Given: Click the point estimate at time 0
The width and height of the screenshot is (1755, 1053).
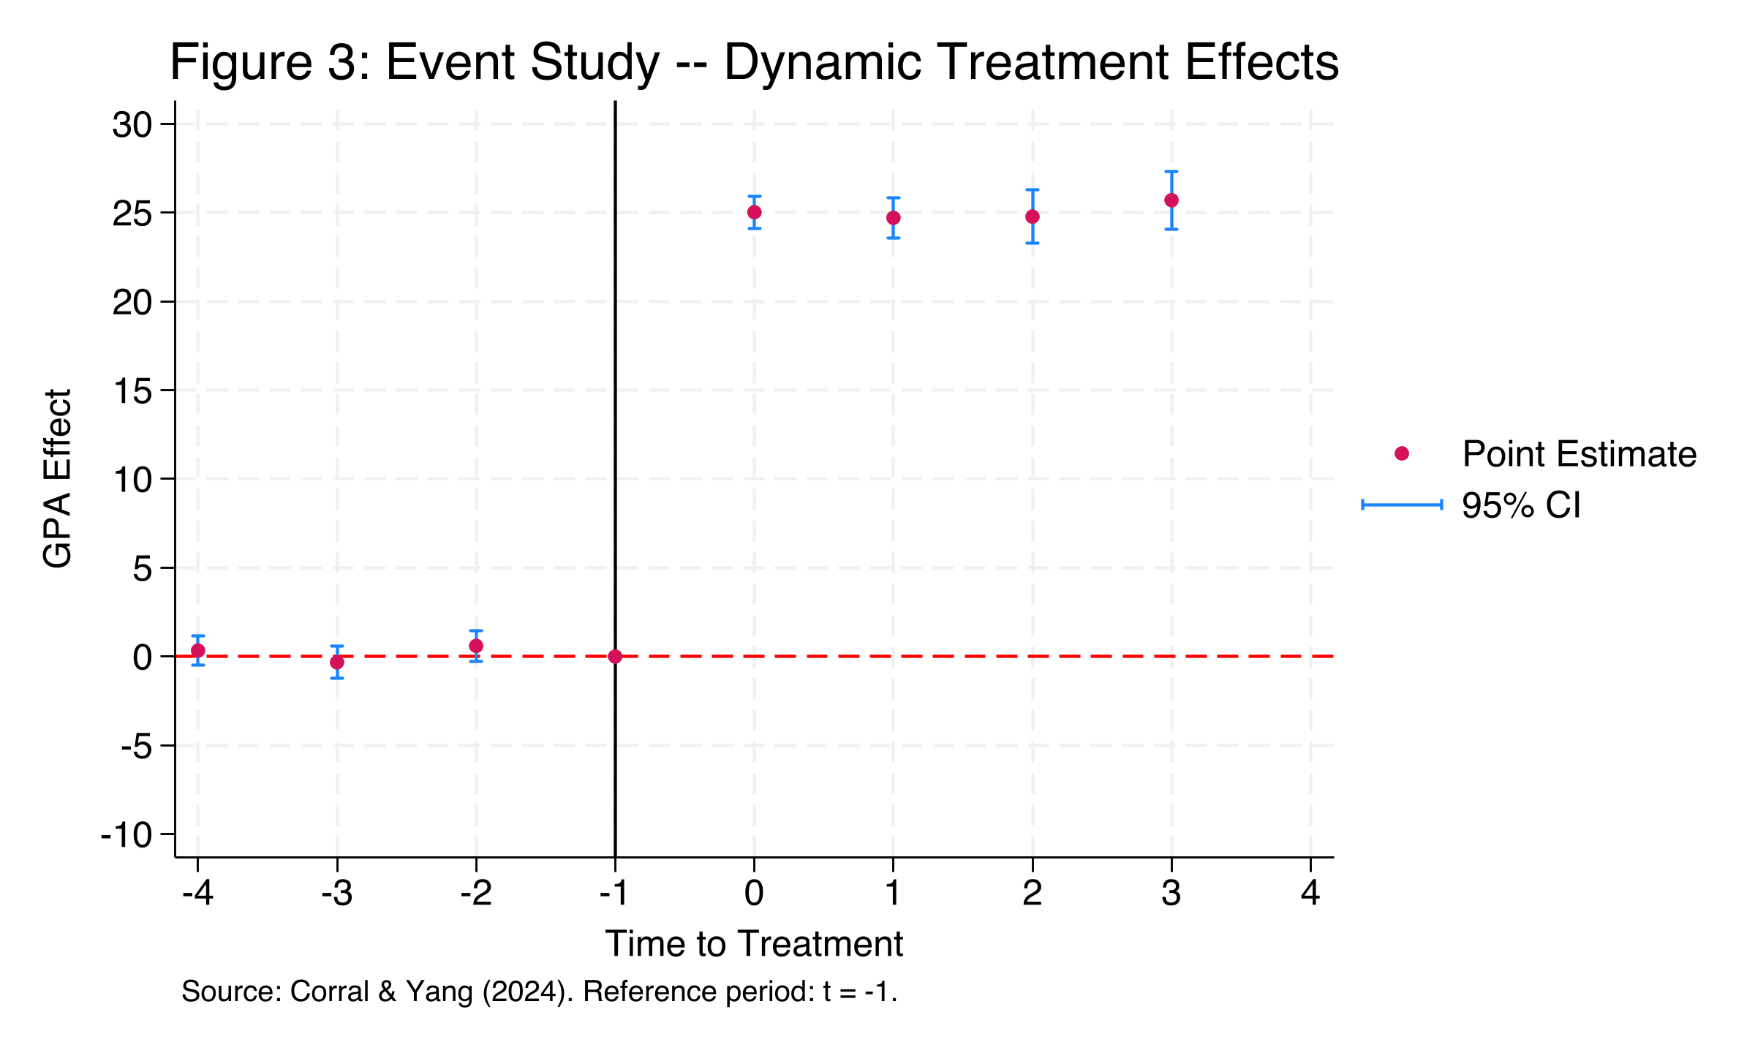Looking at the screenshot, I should tap(754, 212).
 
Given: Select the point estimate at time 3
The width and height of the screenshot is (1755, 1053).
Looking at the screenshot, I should tap(1171, 200).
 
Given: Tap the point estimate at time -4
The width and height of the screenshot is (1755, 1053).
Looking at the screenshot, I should tap(197, 651).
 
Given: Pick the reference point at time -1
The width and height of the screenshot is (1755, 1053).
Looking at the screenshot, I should tap(615, 657).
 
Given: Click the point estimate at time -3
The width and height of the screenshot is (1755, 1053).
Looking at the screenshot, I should tap(337, 662).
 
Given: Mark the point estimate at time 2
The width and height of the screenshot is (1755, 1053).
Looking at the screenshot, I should tap(1033, 216).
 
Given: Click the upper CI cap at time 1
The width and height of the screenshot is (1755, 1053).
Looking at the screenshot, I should tap(893, 197).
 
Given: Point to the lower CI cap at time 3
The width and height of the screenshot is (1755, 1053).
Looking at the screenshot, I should tap(1171, 229).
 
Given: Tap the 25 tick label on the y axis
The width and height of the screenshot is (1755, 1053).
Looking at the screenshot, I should tap(132, 214).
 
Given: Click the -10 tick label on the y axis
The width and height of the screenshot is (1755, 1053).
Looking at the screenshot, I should tap(126, 834).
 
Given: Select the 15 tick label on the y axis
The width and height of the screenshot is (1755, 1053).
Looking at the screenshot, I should tap(132, 391).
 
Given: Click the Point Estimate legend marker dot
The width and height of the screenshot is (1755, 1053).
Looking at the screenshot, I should tap(1402, 453).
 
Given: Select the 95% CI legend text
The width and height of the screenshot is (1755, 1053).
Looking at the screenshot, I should tap(1521, 505).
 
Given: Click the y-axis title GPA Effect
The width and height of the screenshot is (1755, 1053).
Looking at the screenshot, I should tap(57, 479).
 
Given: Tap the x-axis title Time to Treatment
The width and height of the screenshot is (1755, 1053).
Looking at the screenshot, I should tap(754, 944).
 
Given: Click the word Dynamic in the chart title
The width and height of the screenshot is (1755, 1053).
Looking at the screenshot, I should tap(823, 62).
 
